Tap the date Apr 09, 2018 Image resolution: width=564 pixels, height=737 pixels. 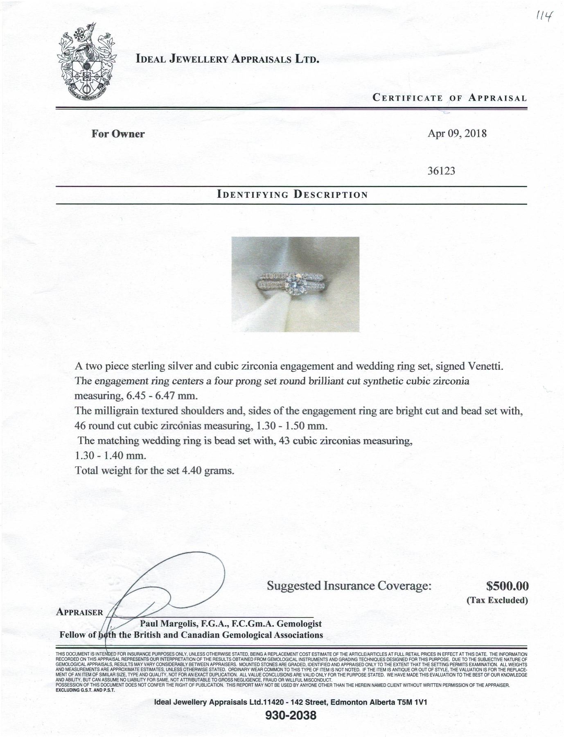click(457, 133)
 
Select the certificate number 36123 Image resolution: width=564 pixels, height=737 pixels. click(441, 171)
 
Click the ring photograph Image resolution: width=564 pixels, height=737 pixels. click(295, 284)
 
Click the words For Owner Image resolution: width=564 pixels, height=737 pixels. click(118, 134)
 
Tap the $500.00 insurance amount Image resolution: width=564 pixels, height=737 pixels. click(508, 586)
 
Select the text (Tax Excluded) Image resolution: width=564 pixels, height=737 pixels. click(497, 601)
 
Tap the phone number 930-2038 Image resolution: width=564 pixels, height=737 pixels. click(291, 716)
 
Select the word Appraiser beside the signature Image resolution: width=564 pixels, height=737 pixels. click(79, 613)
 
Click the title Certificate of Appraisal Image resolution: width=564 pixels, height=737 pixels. click(449, 98)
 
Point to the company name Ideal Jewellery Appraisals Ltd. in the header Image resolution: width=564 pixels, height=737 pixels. click(227, 59)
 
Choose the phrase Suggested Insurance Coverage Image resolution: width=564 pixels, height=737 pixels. click(349, 586)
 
